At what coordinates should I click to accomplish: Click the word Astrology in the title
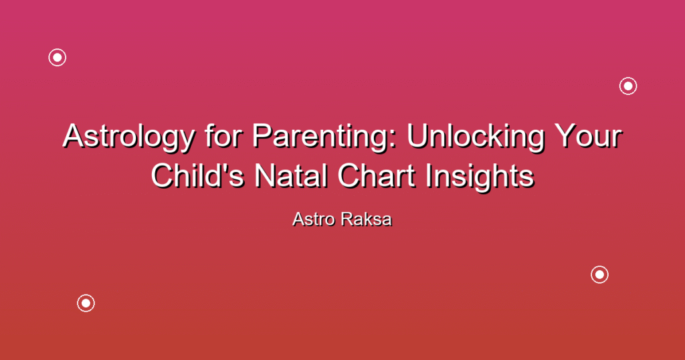coord(128,137)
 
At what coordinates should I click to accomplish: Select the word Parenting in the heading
coord(324,137)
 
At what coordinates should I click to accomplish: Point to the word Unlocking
coord(476,137)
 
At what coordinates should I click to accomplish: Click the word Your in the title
coord(588,136)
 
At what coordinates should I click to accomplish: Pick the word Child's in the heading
coord(197,175)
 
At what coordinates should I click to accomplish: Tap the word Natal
coord(291,175)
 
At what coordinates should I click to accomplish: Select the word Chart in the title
coord(376,175)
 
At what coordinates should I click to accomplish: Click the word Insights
coord(480,177)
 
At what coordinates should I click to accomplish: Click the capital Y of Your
coord(566,136)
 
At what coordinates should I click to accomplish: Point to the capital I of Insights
coord(429,175)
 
